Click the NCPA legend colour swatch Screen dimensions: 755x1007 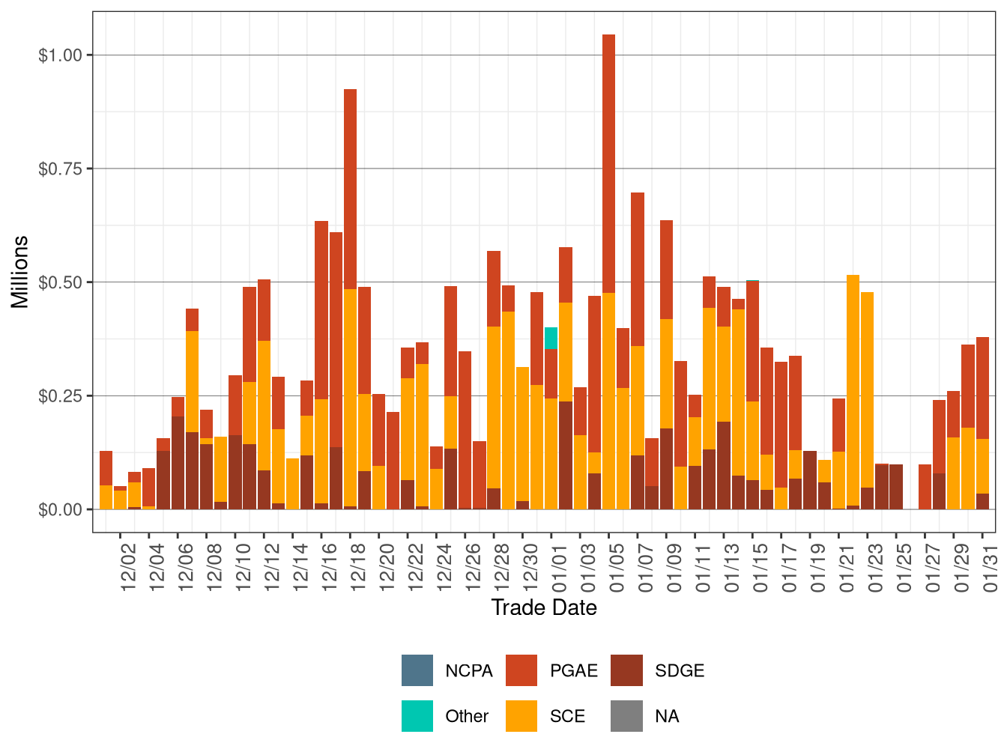click(x=417, y=670)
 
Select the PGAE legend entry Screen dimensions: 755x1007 click(x=573, y=670)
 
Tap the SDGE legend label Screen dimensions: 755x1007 click(x=679, y=670)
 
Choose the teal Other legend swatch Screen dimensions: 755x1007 click(x=417, y=716)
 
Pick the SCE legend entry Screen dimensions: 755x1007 click(x=566, y=716)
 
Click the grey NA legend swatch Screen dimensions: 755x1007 click(x=626, y=716)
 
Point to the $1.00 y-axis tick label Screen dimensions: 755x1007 click(x=60, y=55)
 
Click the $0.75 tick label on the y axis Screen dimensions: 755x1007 click(x=60, y=169)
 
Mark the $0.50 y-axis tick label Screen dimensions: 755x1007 click(x=60, y=282)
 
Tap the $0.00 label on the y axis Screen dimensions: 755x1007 click(x=60, y=509)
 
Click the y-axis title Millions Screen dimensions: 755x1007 click(x=19, y=271)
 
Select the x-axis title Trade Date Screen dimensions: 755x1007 click(x=544, y=607)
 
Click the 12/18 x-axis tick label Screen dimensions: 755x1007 click(x=358, y=566)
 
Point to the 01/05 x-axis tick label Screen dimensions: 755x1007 click(x=617, y=566)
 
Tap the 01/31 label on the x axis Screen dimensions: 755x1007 click(x=991, y=566)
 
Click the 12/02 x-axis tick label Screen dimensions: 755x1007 click(x=128, y=566)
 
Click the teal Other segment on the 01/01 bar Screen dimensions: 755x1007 click(x=551, y=338)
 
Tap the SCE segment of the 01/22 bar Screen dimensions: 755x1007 click(x=853, y=389)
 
